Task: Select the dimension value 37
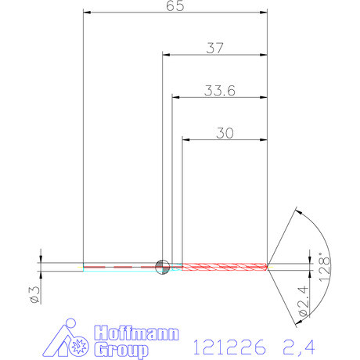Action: (214, 48)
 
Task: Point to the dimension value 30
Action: (224, 133)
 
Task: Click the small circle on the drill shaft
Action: (162, 266)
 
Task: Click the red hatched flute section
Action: (227, 266)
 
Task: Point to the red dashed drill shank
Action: (117, 266)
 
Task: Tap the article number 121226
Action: (228, 345)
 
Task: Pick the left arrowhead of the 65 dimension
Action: (87, 13)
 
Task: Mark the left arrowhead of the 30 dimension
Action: (186, 140)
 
